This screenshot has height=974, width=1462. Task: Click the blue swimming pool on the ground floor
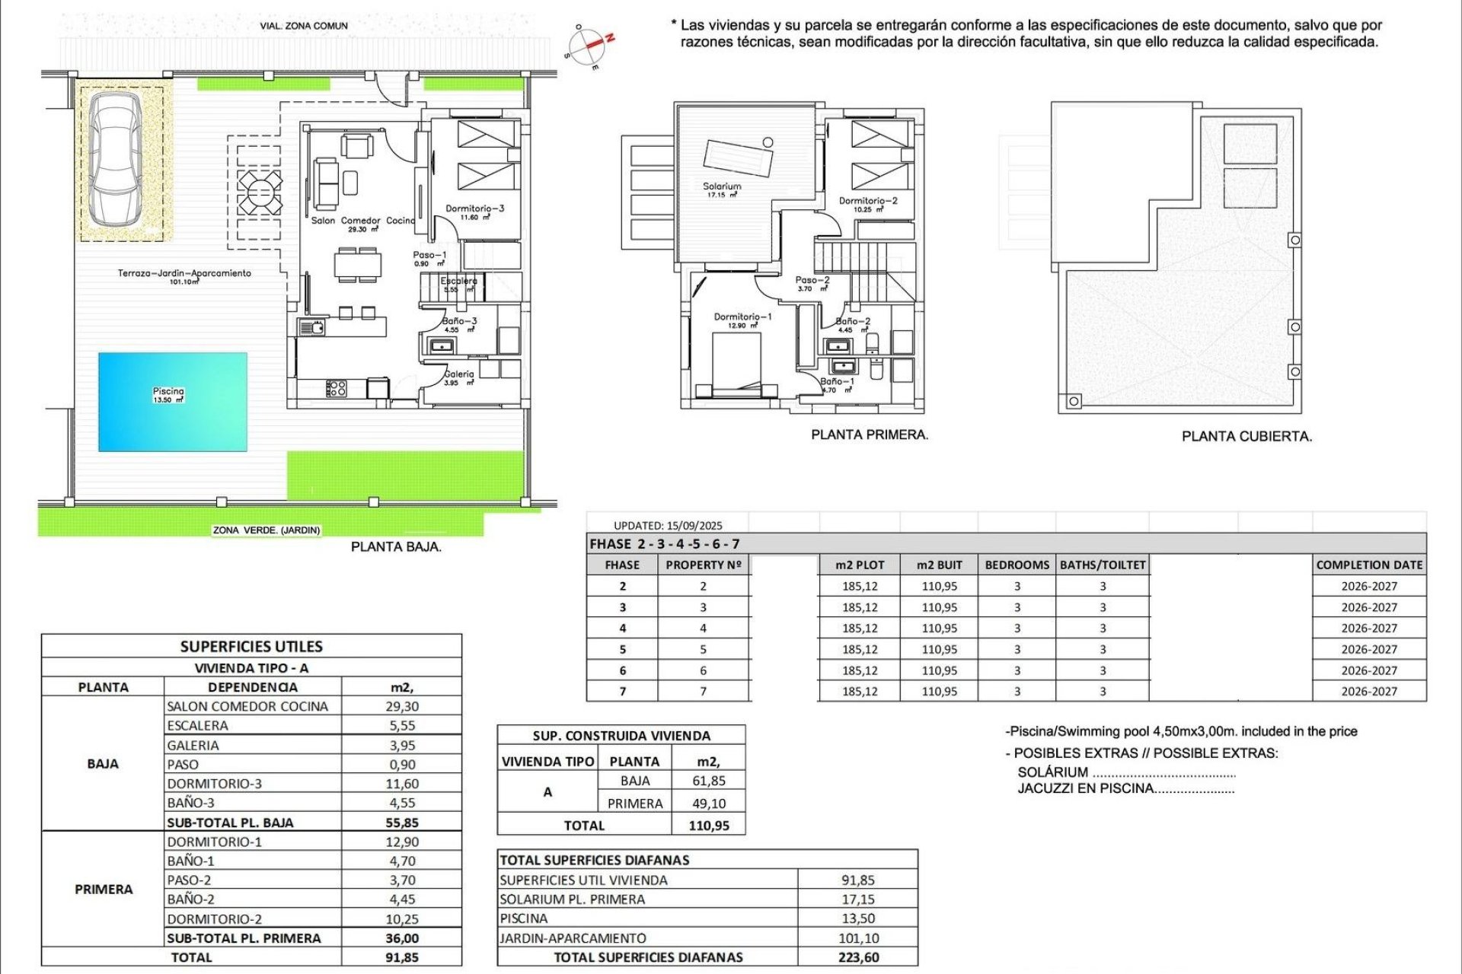tap(173, 402)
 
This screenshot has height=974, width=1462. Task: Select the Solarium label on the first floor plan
tap(721, 186)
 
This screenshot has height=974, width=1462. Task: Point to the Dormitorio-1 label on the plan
tap(742, 317)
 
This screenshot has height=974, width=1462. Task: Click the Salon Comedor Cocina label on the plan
tap(363, 221)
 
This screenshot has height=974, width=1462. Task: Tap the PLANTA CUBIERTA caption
tap(1247, 437)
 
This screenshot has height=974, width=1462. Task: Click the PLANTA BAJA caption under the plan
tap(396, 546)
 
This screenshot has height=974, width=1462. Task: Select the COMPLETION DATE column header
tap(1369, 565)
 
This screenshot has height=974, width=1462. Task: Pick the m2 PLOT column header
tap(860, 565)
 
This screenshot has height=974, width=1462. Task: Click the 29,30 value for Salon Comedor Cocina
tap(402, 706)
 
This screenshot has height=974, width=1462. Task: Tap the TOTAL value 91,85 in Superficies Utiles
tap(402, 957)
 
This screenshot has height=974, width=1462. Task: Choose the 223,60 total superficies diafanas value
tap(858, 957)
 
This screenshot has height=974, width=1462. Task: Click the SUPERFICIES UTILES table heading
tap(251, 647)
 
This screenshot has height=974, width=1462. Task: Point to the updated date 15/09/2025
tap(694, 525)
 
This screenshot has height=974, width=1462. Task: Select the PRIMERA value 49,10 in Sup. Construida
tap(708, 804)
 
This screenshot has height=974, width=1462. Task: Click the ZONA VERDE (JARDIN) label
tap(267, 530)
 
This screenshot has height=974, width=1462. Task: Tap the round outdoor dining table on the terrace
tap(259, 193)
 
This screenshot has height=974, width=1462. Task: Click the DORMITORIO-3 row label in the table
tap(215, 784)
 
